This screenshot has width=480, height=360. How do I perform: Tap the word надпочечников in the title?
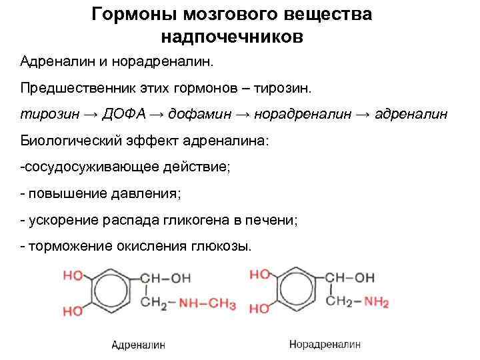231,36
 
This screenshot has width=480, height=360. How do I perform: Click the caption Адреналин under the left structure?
138,345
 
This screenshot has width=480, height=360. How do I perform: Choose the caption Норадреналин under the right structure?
325,344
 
